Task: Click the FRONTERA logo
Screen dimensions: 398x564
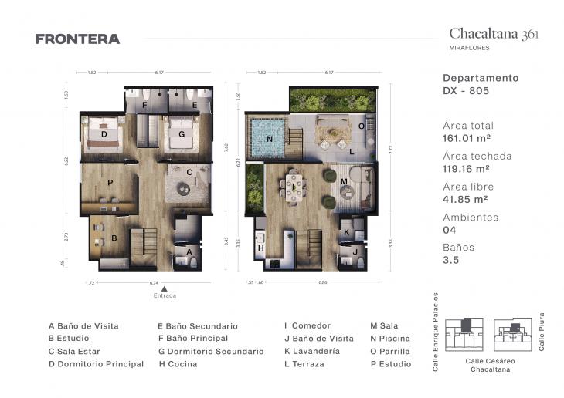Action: point(77,39)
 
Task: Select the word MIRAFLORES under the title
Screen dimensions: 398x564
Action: point(469,48)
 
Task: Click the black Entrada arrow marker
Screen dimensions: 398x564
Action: point(164,288)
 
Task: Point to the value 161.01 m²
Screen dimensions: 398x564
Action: point(468,139)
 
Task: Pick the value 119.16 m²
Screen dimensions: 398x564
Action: point(468,169)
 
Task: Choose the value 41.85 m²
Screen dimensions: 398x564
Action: point(466,199)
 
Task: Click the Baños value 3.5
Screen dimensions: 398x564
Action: point(450,260)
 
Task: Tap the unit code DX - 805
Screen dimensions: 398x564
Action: point(466,90)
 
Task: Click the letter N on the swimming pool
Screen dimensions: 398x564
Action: point(270,139)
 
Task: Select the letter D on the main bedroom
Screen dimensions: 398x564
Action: point(104,133)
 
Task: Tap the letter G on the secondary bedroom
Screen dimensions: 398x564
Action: point(182,133)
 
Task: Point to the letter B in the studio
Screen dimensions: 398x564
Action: point(114,238)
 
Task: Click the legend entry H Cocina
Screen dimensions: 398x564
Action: point(177,363)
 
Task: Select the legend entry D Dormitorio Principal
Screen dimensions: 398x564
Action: point(96,363)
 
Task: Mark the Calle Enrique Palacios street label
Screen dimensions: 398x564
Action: point(436,332)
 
